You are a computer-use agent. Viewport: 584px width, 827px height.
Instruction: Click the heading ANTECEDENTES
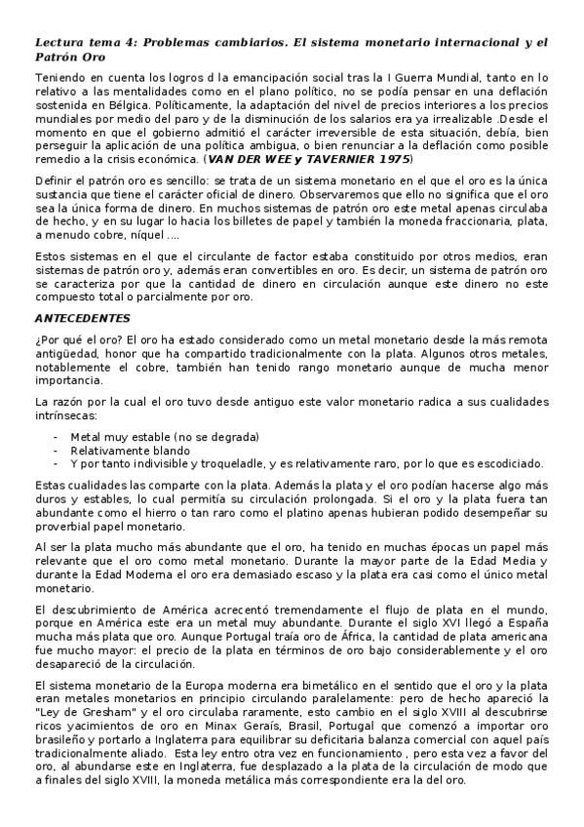coord(83,318)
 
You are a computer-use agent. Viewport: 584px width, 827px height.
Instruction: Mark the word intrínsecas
coord(65,415)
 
